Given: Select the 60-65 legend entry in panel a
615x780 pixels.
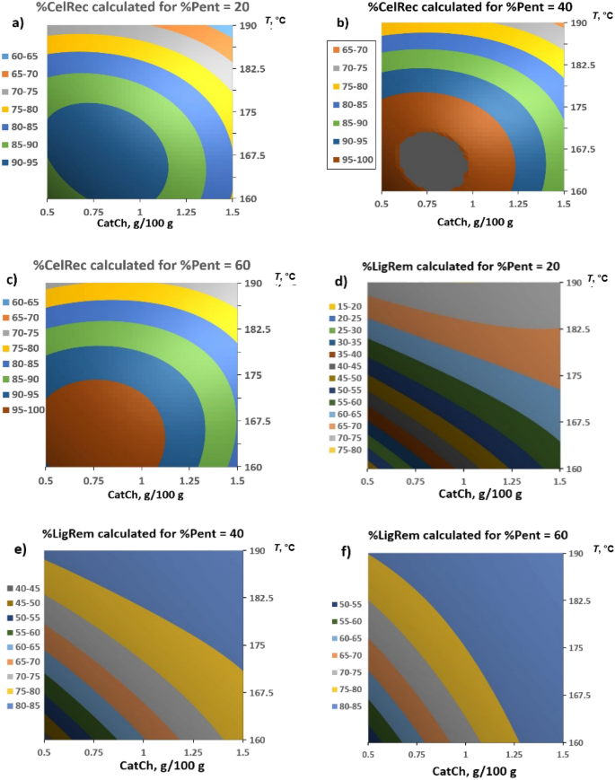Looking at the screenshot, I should (25, 56).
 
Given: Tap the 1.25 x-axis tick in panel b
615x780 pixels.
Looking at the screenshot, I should (516, 206).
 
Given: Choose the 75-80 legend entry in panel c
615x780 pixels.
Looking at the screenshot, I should (25, 348).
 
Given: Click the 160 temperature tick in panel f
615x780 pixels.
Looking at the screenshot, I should (575, 742).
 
